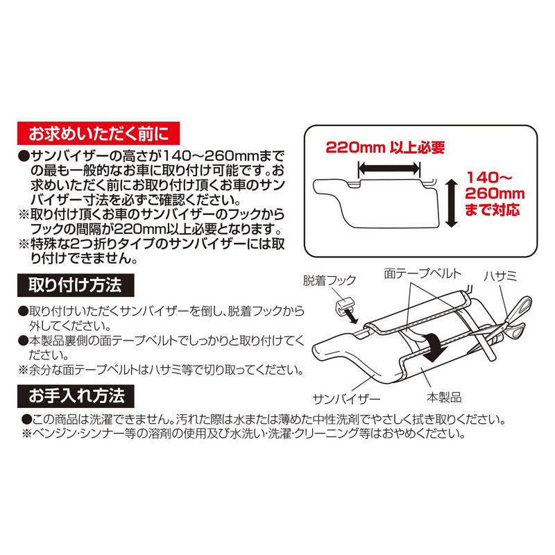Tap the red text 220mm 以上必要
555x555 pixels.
point(385,148)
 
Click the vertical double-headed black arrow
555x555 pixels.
point(450,202)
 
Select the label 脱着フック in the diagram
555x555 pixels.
point(330,280)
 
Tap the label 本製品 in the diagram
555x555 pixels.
point(443,398)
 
